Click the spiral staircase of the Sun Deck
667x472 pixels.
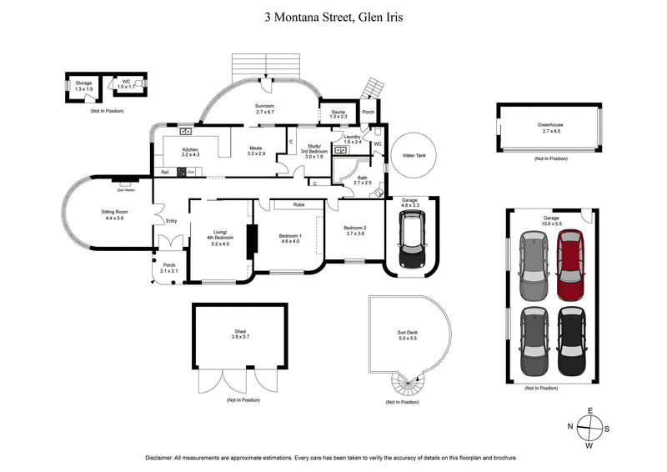point(408,384)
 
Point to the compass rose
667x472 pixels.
point(589,427)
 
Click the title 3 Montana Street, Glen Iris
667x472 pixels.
point(333,16)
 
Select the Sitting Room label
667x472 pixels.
point(113,213)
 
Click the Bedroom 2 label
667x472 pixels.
point(355,227)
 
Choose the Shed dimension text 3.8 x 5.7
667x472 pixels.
point(240,339)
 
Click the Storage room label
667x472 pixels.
point(83,83)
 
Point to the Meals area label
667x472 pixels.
point(256,148)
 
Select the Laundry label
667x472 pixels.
point(351,137)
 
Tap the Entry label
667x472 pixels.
point(172,221)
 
